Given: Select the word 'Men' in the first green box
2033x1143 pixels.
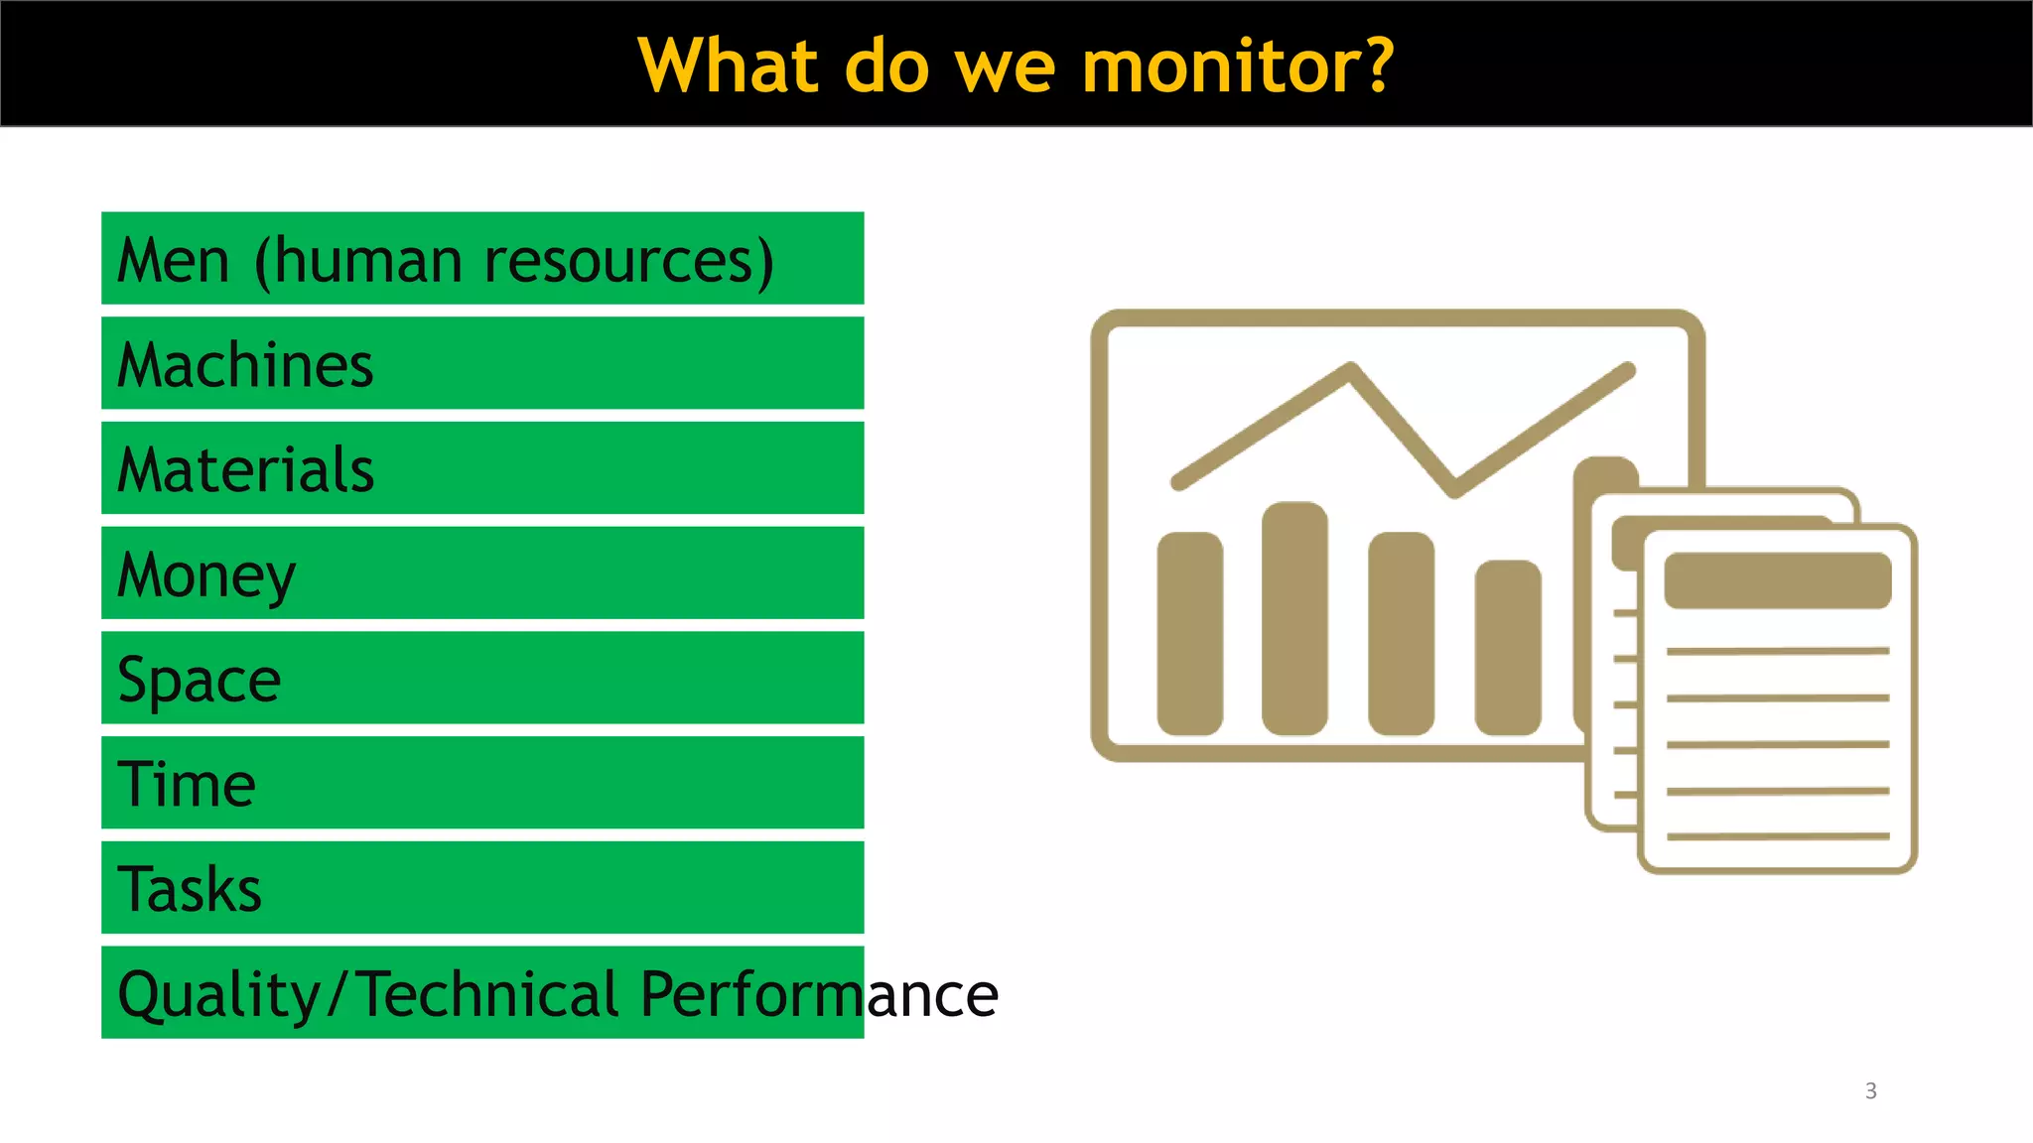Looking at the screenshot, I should coord(174,261).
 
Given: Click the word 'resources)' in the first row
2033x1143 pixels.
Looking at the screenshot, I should coord(628,261).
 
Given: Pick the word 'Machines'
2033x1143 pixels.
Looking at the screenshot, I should coord(245,365).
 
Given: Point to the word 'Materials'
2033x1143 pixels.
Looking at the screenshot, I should coord(245,470).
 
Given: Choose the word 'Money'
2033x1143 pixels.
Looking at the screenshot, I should coord(206,576).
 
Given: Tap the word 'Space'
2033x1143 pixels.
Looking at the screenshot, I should coord(200,681).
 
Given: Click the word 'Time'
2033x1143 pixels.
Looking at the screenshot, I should coord(187,785).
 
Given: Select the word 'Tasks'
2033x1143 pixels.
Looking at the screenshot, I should coord(190,890).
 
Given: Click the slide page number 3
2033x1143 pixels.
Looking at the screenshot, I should coord(1870,1091).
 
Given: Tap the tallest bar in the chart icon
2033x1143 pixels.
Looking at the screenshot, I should coord(1294,618).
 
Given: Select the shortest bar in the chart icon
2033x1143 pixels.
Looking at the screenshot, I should coord(1507,648).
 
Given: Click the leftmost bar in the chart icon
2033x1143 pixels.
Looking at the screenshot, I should coord(1190,633).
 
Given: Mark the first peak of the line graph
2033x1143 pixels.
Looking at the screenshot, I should coord(1351,370).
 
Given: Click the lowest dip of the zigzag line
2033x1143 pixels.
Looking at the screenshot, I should coord(1454,489).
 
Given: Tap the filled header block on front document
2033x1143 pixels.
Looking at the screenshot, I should coord(1777,580).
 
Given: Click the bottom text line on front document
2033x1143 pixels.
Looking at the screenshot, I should coord(1777,836).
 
